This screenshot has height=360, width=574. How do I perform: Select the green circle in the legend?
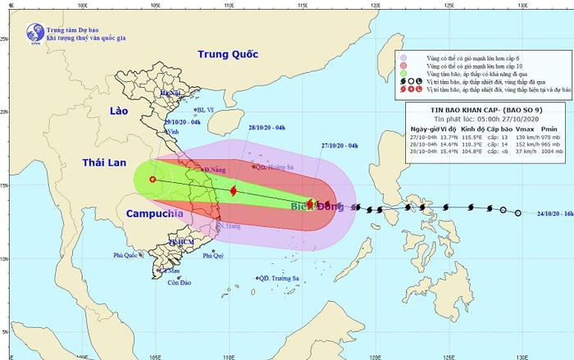pos(403,75)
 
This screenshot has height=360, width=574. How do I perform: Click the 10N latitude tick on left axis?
pos(5,259)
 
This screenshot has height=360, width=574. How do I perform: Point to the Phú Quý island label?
pos(212,256)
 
